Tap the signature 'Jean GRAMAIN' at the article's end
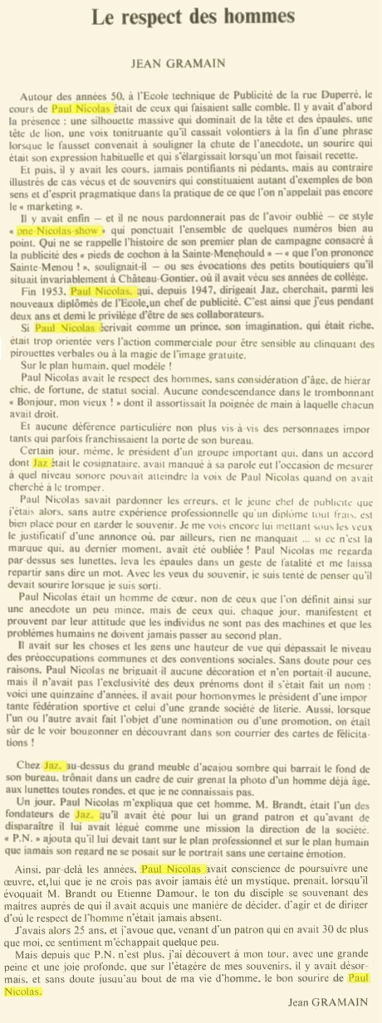click(330, 1002)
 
